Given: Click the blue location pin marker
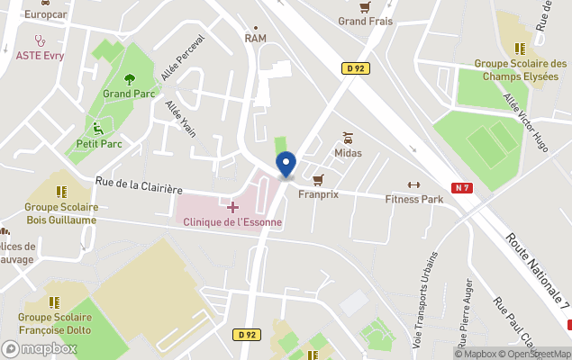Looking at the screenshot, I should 286,165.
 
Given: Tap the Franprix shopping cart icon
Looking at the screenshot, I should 318,180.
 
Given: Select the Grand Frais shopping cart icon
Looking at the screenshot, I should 365,7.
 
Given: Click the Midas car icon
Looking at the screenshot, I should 348,139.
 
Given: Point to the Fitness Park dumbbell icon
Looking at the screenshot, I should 414,185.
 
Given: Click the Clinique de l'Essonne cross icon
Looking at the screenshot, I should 232,208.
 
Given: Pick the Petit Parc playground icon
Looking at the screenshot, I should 99,129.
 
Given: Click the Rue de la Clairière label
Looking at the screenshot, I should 139,186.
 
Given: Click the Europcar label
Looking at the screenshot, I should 46,14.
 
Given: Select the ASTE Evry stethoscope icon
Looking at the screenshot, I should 40,40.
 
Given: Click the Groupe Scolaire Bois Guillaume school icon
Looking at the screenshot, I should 61,192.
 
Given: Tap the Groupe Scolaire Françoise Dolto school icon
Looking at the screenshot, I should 54,302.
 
